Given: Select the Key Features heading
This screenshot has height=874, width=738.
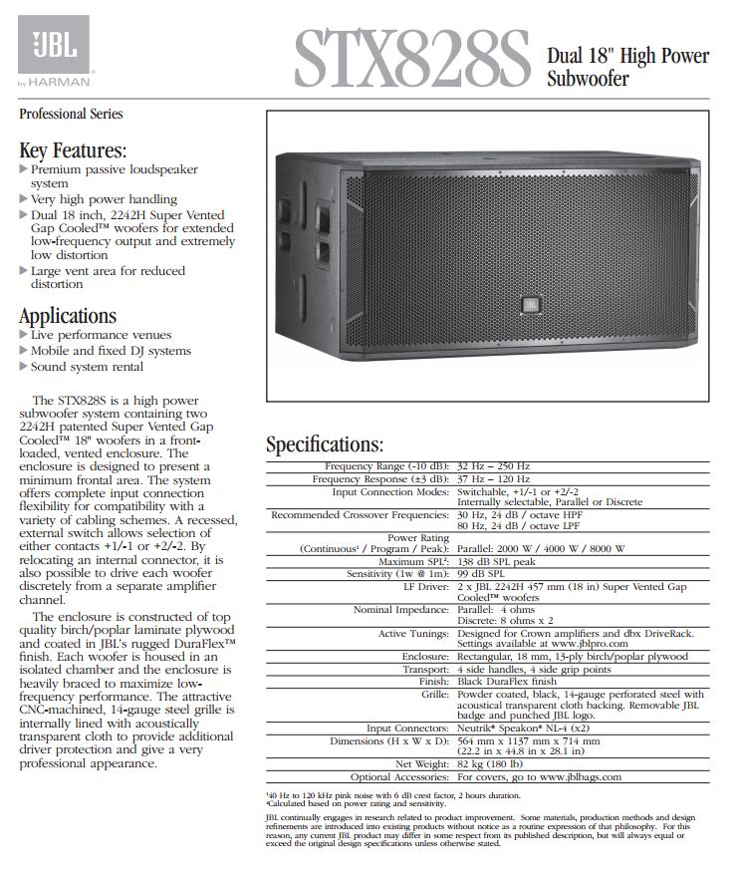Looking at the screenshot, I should pos(74,150).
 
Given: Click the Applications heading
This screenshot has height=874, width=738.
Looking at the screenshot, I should pos(68,316).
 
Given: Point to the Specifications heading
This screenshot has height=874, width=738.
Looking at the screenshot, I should pos(325,443).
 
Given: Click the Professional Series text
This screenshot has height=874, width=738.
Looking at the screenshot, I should pos(72,114).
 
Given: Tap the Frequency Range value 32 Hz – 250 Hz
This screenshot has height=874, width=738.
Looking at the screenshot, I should pos(494,465).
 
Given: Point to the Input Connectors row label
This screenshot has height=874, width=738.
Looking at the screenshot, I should pos(408,728).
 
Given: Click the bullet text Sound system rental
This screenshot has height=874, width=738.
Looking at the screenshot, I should pos(87,367).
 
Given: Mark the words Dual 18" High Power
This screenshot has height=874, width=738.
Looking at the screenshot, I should pos(628,56).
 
